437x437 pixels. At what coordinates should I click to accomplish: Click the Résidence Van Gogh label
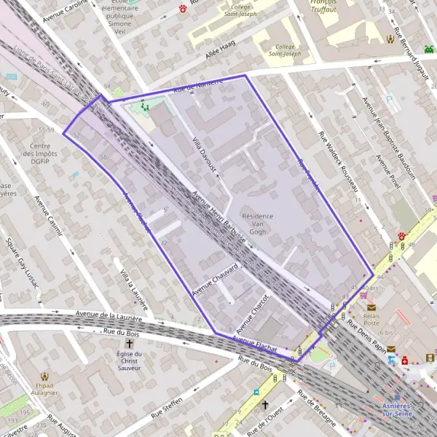point(257,224)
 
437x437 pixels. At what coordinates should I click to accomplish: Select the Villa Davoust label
point(205,152)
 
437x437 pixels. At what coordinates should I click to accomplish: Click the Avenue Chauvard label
point(216,279)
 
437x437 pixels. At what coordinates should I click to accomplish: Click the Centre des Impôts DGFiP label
point(45,155)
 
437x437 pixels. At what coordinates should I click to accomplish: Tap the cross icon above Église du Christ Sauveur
point(130,342)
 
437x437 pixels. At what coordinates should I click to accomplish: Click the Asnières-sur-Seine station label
point(396,409)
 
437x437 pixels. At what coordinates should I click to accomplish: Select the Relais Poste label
point(371,319)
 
